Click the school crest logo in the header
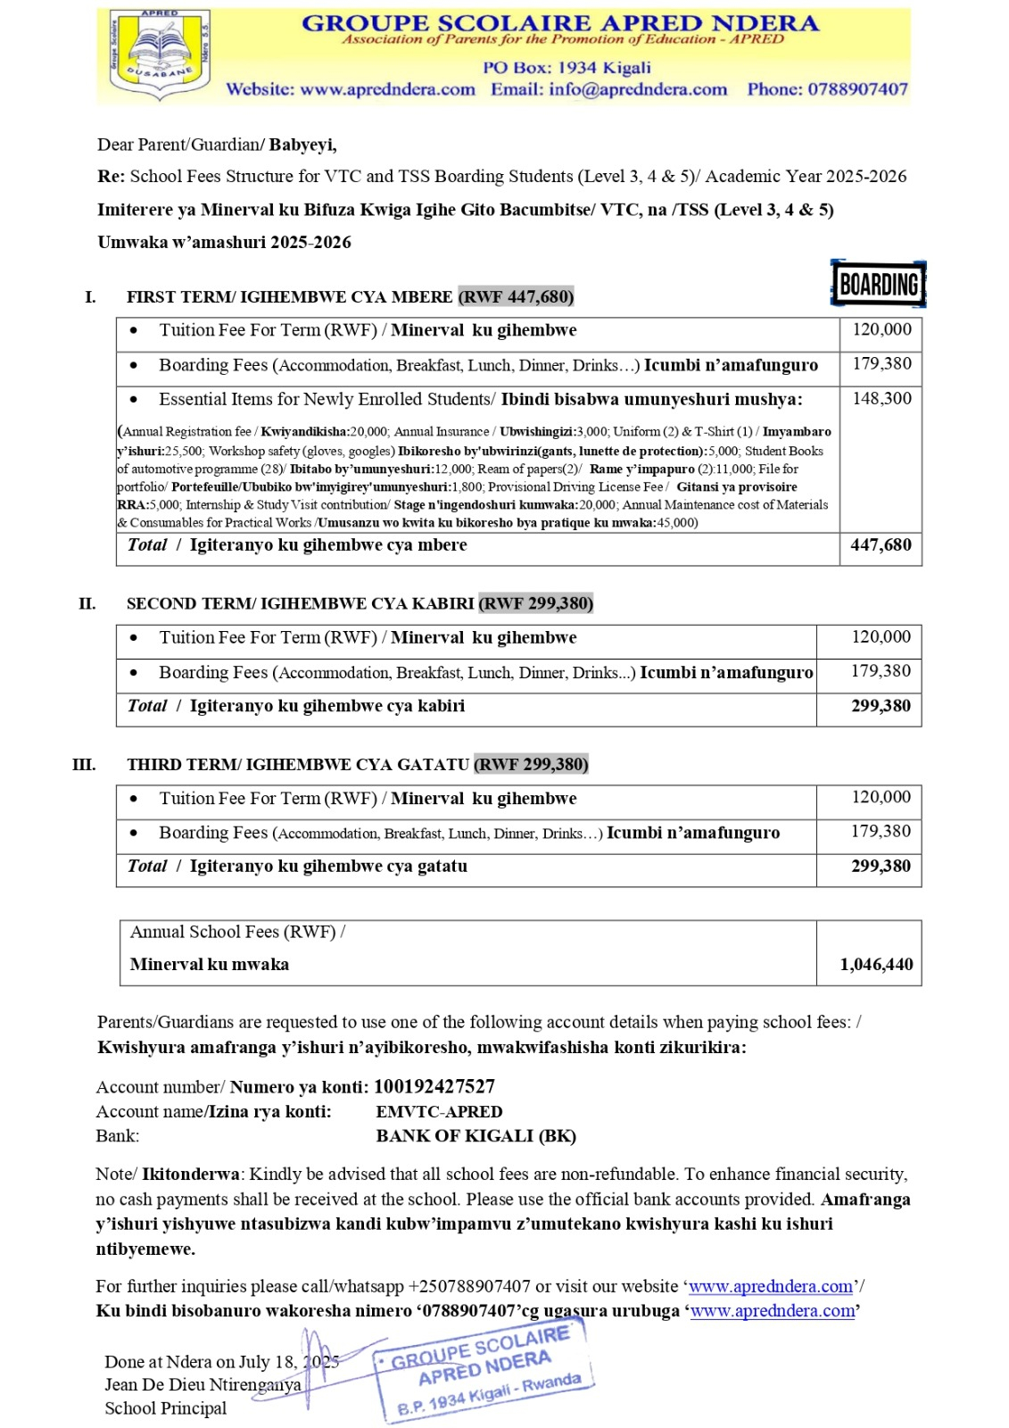pos(160,54)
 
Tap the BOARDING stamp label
pos(879,285)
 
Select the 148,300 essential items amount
pos(881,399)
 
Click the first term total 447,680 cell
pos(881,545)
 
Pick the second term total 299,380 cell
pos(881,706)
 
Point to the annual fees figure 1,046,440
pos(876,965)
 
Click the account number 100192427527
pos(434,1087)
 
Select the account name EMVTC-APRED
pos(439,1112)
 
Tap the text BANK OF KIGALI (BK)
pos(476,1136)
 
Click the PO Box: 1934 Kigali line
pos(567,68)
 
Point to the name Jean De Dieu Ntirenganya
pos(203,1385)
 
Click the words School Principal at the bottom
pos(166,1408)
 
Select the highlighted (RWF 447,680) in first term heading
pos(516,296)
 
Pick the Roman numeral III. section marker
pos(84,765)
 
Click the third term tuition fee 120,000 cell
pos(881,798)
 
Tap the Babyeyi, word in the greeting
pos(303,145)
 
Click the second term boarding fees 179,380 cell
pos(881,671)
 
